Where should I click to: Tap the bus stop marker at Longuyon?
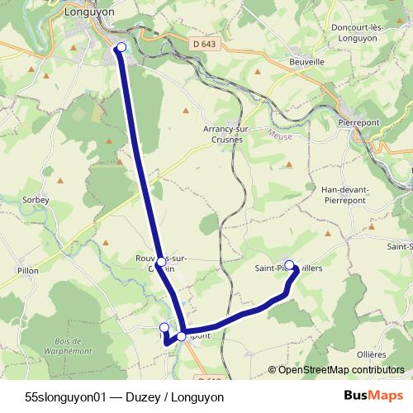pyautogui.click(x=121, y=47)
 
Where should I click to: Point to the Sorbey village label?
pyautogui.click(x=36, y=200)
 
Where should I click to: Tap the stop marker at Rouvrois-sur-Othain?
pyautogui.click(x=161, y=262)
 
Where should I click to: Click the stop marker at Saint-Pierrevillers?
pyautogui.click(x=289, y=265)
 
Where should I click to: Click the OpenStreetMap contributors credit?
pyautogui.click(x=338, y=369)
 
